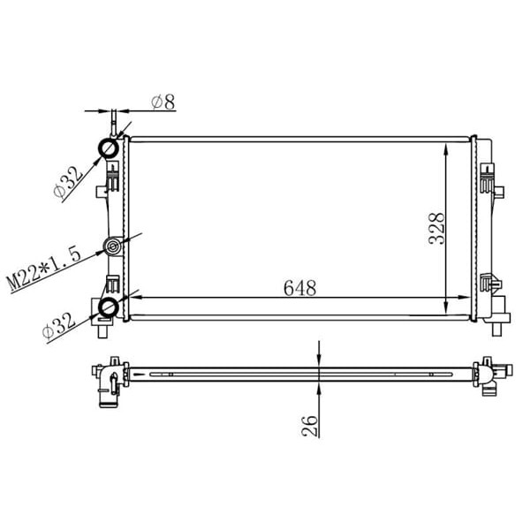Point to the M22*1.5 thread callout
44,269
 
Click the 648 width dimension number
299,288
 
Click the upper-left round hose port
107,148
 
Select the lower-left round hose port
107,307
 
